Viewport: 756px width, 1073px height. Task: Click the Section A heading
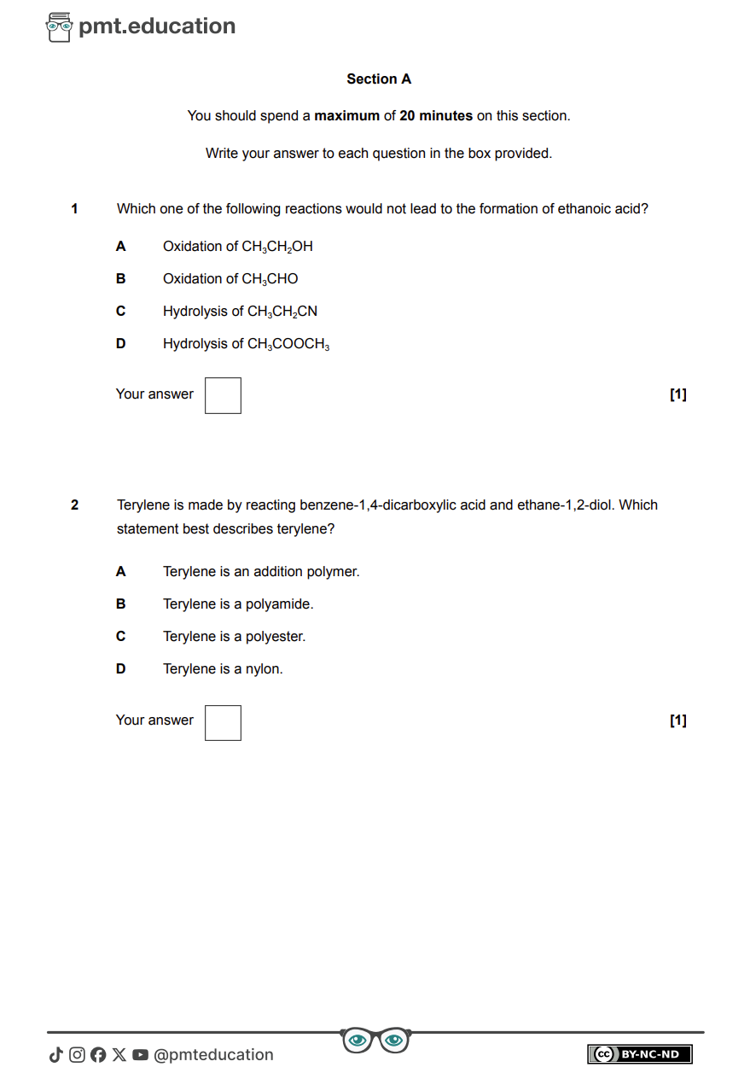379,79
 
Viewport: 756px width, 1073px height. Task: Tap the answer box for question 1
223,395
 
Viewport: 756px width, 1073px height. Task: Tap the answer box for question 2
223,722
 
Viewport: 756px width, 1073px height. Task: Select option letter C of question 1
120,312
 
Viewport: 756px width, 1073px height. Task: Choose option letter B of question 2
120,604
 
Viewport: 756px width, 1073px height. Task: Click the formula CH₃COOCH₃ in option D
288,344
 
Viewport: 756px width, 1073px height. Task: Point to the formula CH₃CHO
270,279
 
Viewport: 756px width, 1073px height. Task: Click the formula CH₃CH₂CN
282,312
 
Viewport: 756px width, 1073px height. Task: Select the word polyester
275,637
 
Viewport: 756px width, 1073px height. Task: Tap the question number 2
74,505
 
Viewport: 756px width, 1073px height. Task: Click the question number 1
74,209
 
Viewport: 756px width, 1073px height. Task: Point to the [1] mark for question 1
678,394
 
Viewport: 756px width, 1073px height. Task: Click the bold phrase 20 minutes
436,116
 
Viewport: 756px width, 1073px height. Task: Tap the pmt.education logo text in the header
157,26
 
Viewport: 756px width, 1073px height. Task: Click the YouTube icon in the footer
140,1055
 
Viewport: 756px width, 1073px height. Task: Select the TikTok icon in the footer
56,1055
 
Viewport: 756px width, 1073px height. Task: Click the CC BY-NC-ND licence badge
639,1054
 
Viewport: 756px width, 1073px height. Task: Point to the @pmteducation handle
213,1055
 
